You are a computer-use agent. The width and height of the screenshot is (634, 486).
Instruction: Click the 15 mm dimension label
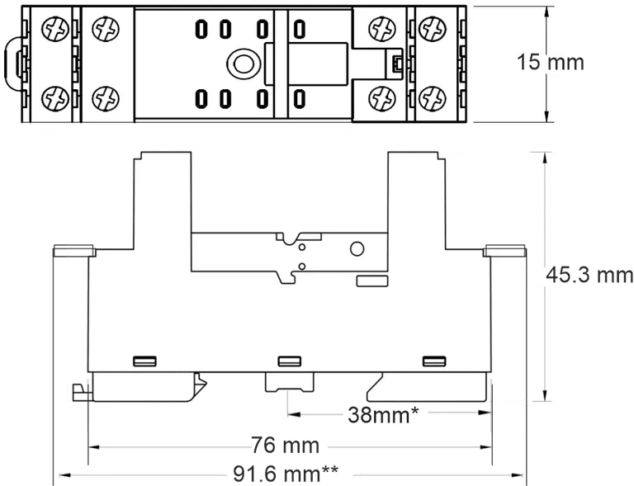pyautogui.click(x=549, y=62)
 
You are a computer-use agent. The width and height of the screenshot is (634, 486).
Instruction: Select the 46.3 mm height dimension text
pyautogui.click(x=578, y=276)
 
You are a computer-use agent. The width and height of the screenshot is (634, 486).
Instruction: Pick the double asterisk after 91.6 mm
pyautogui.click(x=330, y=472)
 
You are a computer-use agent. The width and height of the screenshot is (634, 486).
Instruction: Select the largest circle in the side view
pyautogui.click(x=358, y=249)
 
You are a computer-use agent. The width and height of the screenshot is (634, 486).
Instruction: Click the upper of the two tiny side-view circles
pyautogui.click(x=303, y=245)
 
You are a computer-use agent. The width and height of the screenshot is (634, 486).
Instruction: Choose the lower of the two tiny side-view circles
pyautogui.click(x=303, y=265)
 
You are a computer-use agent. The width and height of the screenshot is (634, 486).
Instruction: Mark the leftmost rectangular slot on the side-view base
pyautogui.click(x=144, y=361)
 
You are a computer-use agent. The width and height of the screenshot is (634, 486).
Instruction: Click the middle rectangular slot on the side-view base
pyautogui.click(x=289, y=361)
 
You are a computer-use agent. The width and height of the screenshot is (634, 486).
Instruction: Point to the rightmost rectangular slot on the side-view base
pyautogui.click(x=433, y=361)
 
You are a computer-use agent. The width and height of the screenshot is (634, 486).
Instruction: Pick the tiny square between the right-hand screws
pyautogui.click(x=397, y=63)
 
